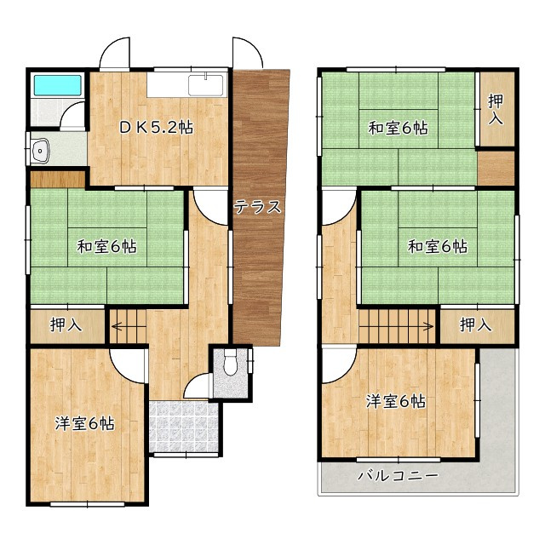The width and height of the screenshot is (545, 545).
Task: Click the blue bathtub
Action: (x=58, y=85)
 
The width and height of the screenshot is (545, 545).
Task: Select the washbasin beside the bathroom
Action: (x=41, y=151)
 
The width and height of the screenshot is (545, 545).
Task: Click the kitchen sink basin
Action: (x=206, y=85)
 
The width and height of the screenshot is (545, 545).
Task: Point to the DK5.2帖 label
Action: (x=156, y=128)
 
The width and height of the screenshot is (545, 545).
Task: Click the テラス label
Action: (x=257, y=207)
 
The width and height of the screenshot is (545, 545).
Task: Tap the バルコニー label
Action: (x=398, y=475)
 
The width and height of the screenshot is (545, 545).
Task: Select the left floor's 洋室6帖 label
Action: (x=84, y=424)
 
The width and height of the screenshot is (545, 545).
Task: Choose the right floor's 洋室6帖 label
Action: (x=395, y=402)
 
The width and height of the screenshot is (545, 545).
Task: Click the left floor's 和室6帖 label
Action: (x=106, y=247)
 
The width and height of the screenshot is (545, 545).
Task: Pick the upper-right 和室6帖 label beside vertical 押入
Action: (x=398, y=128)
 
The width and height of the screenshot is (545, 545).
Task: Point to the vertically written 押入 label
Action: (x=496, y=109)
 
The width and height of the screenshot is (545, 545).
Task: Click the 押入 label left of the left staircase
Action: (x=66, y=325)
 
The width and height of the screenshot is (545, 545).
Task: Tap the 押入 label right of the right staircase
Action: (x=475, y=325)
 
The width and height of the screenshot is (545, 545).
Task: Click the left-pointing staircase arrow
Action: (x=129, y=327)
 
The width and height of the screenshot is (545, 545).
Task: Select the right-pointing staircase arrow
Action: (x=396, y=326)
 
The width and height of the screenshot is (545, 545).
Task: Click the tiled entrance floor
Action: (x=184, y=427)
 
